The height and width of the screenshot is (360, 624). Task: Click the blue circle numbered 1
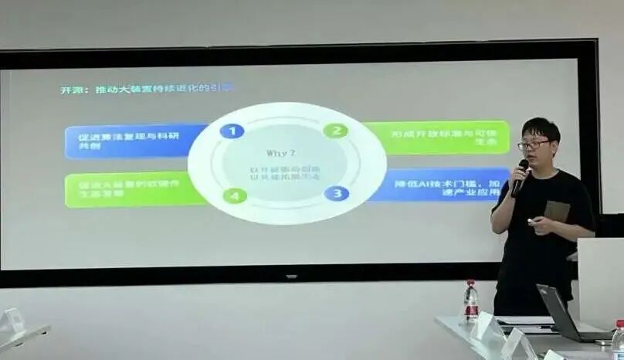(231, 130)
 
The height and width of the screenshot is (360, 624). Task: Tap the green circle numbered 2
(335, 131)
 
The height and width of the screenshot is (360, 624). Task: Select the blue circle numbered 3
(336, 193)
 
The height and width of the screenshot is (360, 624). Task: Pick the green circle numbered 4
(235, 195)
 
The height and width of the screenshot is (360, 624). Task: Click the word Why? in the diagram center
(281, 152)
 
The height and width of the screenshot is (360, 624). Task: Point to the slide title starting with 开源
(146, 89)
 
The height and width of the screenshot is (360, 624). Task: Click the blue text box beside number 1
(135, 141)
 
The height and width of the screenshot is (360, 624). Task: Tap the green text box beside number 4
(135, 189)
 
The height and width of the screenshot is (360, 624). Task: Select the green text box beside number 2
(436, 137)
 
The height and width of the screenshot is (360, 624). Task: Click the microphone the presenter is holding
(520, 177)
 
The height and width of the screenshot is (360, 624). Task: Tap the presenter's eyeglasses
(534, 144)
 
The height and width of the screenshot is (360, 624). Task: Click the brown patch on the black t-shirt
(557, 210)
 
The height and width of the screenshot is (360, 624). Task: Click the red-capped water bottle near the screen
(470, 301)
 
